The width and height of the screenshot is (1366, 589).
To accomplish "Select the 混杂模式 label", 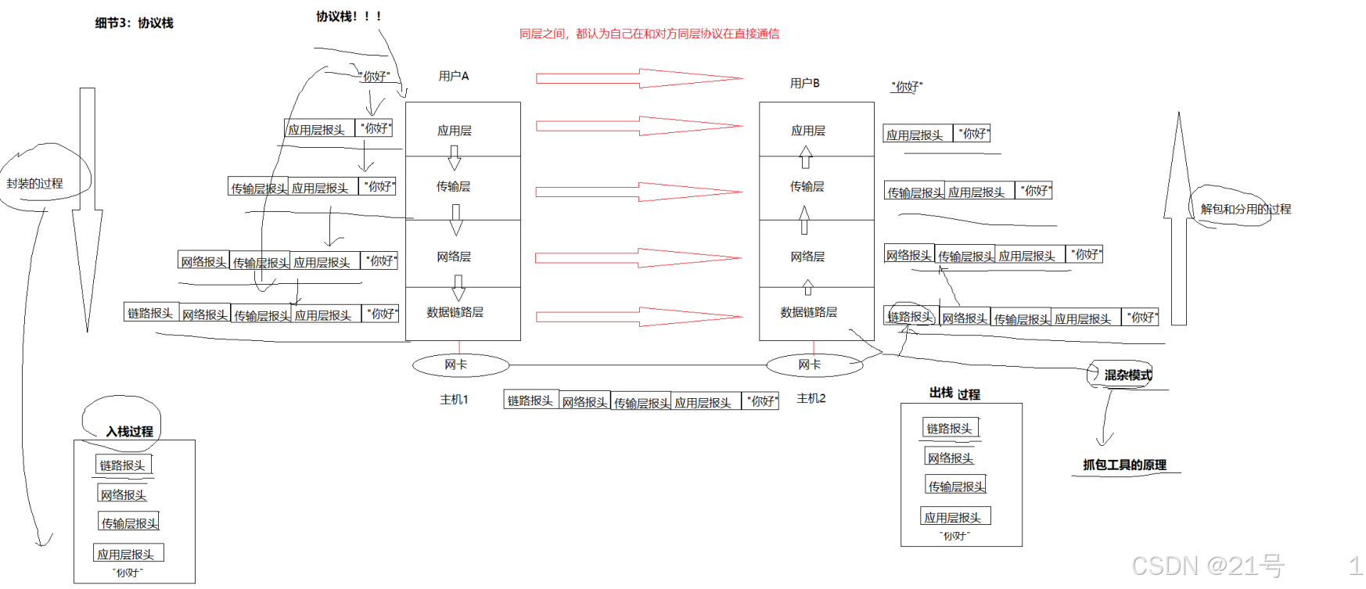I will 1127,375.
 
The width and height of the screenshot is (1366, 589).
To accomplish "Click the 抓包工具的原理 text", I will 1124,465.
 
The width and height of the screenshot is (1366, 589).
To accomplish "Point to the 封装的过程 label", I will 35,184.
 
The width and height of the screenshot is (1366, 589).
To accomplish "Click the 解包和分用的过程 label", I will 1246,209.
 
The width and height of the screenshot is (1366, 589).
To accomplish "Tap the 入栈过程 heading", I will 130,431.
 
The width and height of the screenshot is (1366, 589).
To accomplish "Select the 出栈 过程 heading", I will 954,393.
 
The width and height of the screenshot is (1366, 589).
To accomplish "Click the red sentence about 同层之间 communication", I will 649,34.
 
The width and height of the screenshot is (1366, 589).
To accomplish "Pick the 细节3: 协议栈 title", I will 135,23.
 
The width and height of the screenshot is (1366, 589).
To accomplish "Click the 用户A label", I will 454,76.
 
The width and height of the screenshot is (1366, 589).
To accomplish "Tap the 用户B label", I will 805,83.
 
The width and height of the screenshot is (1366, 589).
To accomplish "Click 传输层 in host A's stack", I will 454,186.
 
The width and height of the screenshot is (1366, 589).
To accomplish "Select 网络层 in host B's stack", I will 807,257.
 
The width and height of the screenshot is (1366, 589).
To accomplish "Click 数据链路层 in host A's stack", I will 455,312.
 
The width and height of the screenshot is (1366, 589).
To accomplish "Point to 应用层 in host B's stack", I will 808,131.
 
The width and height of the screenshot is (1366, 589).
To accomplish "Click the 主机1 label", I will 454,399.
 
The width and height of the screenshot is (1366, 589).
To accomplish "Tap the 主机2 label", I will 811,398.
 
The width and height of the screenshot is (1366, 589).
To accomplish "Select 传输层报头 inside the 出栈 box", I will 956,486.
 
